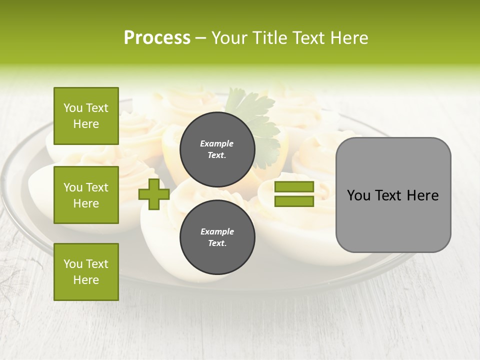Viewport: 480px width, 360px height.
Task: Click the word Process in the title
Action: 157,38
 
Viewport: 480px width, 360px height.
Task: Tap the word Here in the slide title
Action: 349,38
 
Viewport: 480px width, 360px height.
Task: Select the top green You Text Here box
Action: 86,116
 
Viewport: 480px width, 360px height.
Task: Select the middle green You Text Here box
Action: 86,195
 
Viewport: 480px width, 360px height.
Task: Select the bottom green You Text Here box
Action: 86,271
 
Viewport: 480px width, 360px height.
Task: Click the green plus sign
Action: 154,194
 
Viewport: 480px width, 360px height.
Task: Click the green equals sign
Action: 294,194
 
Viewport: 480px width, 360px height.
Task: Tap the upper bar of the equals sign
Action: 294,187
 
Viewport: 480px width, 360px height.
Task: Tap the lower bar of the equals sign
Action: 294,201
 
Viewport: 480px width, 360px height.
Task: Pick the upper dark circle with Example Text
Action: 217,149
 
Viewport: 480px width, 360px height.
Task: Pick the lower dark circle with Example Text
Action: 217,237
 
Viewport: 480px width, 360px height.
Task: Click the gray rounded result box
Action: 393,194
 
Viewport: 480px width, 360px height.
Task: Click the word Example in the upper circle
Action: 217,143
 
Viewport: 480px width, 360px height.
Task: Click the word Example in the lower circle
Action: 217,231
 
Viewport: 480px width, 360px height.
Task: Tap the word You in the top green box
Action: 73,108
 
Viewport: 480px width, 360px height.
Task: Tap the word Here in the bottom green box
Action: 86,280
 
